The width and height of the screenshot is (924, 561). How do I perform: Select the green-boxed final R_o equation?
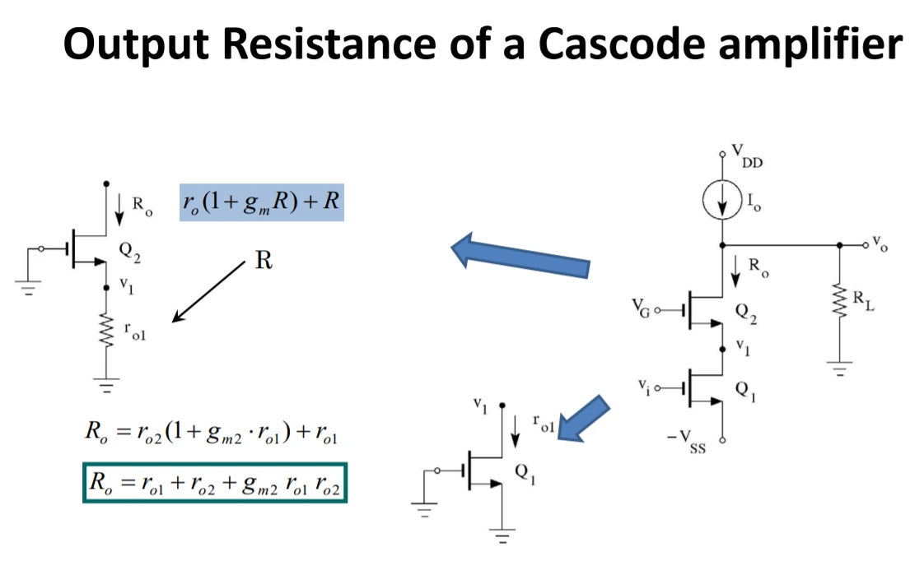click(x=215, y=483)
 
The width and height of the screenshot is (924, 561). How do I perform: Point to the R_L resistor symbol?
click(x=839, y=303)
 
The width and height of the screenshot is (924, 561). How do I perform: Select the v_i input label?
click(x=643, y=385)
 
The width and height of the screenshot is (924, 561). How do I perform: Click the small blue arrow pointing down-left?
click(x=584, y=419)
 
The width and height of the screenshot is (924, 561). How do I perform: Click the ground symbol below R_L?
click(x=839, y=369)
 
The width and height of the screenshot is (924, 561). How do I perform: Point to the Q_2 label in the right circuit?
click(x=744, y=312)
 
